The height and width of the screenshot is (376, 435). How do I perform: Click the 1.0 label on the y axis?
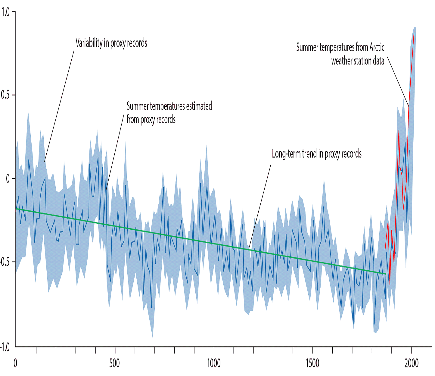(5, 12)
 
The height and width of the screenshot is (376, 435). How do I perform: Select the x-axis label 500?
(114, 363)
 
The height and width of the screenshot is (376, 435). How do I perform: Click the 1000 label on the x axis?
(214, 363)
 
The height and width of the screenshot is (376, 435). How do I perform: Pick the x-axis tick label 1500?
(312, 363)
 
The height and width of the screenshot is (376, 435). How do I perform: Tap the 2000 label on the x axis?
(412, 363)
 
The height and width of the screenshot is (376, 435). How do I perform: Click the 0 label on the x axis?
(15, 363)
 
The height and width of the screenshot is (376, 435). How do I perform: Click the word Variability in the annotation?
(89, 43)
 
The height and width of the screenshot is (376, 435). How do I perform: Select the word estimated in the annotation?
(199, 106)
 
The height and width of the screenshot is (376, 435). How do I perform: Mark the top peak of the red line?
(414, 31)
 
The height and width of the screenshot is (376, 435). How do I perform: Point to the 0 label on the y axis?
(8, 179)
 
